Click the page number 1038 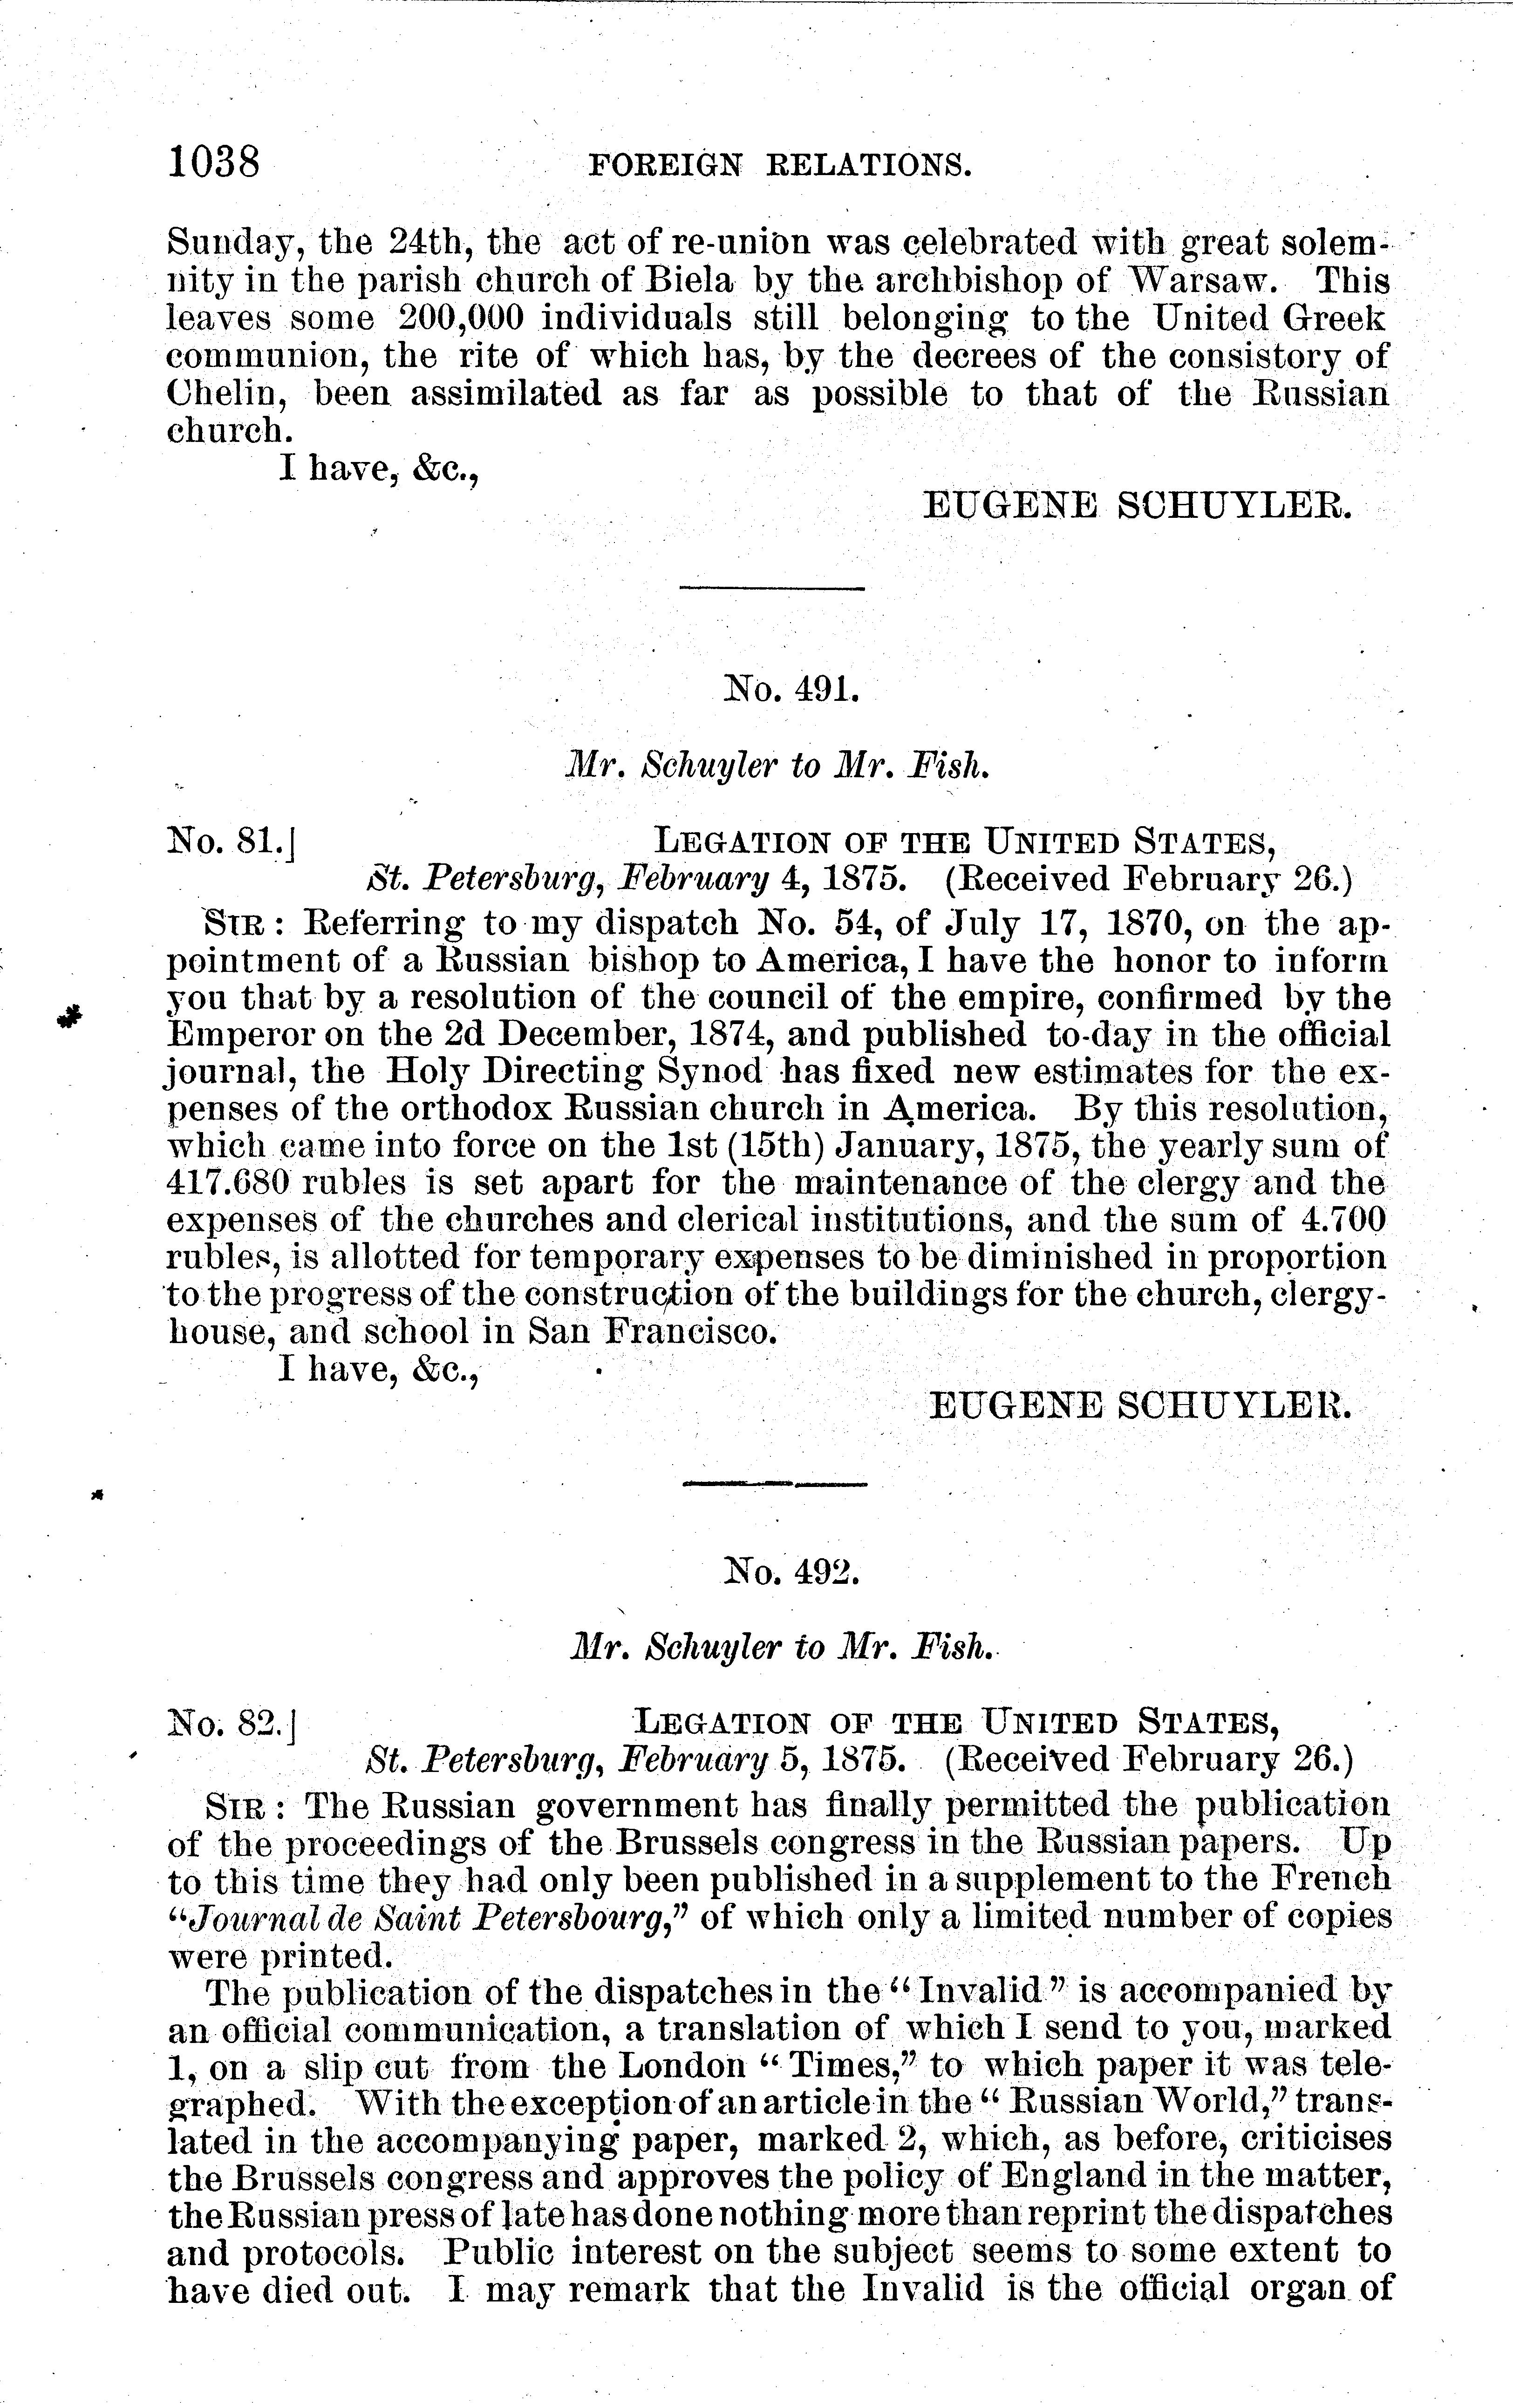tap(215, 161)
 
